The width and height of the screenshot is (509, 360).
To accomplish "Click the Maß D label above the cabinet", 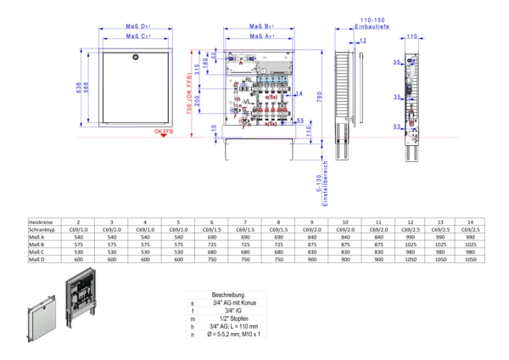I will pyautogui.click(x=136, y=26).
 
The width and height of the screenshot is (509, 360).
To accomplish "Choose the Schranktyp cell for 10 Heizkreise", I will pyautogui.click(x=343, y=229).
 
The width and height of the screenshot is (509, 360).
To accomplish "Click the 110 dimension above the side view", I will pyautogui.click(x=411, y=37).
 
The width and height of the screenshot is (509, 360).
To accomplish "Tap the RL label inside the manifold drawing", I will pyautogui.click(x=248, y=79).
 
